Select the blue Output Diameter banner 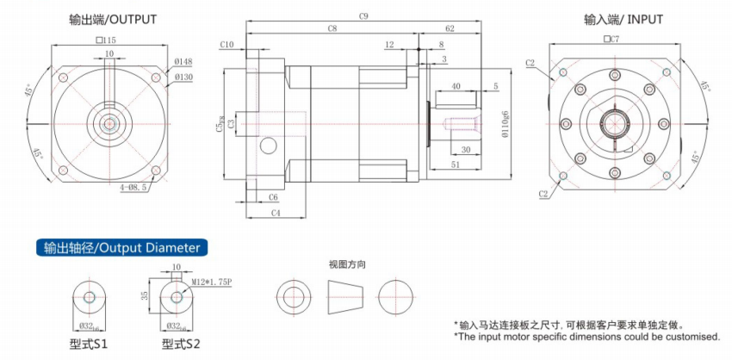click(121, 247)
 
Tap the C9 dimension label click(363, 16)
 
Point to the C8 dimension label click(332, 29)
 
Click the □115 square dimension click(107, 40)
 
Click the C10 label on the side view click(227, 44)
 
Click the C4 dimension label click(276, 211)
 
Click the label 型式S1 click(89, 344)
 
